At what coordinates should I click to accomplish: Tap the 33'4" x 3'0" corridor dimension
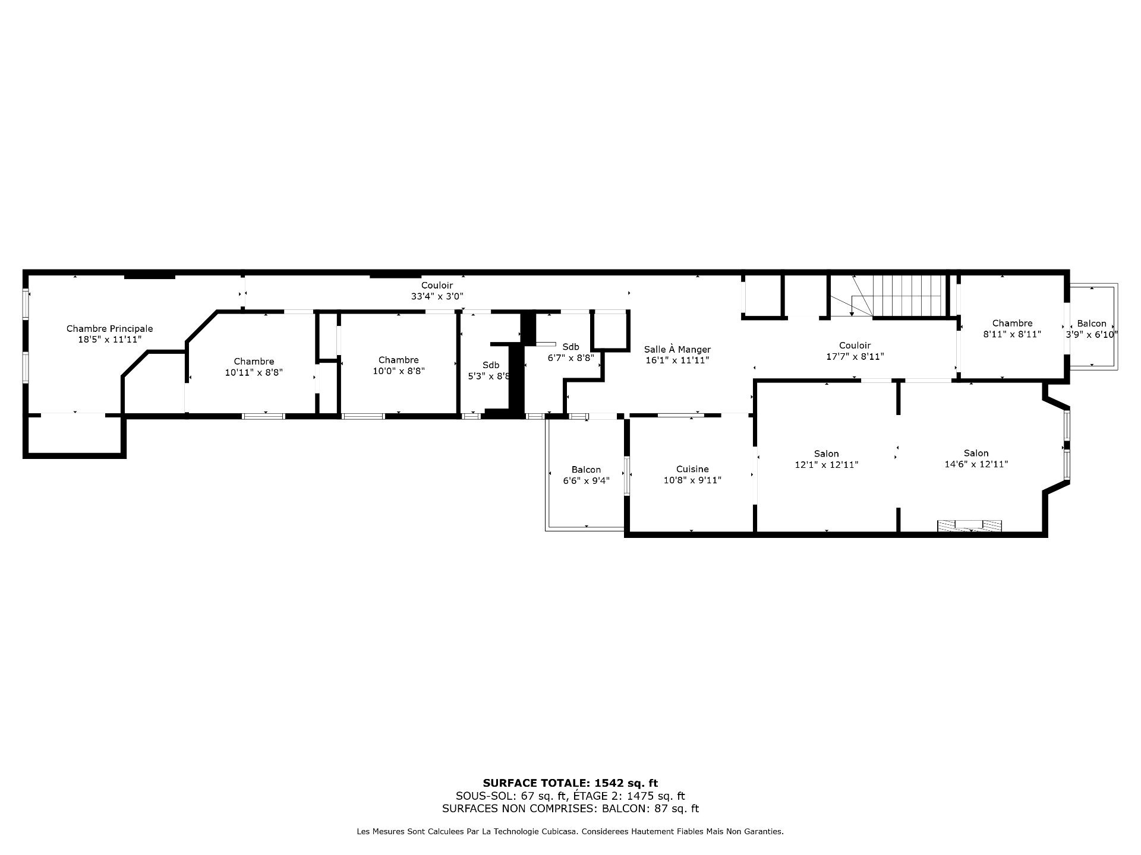(x=437, y=296)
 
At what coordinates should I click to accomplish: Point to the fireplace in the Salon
(x=969, y=525)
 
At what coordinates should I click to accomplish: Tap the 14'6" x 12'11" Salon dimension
(x=976, y=464)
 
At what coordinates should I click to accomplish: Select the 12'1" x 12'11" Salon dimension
(x=827, y=465)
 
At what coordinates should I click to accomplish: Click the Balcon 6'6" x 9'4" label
(x=587, y=475)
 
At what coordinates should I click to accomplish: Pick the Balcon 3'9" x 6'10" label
(x=1092, y=329)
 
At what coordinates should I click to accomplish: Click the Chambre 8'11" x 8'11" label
(x=1012, y=328)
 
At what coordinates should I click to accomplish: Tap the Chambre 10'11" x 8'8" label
(x=254, y=367)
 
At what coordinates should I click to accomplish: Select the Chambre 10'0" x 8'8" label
(x=398, y=365)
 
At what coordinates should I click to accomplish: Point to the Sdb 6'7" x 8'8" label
(x=570, y=352)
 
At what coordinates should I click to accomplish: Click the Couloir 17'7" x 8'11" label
(x=855, y=351)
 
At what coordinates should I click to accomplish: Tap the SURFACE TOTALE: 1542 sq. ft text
(x=570, y=783)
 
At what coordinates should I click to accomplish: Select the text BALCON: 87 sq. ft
(x=650, y=809)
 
